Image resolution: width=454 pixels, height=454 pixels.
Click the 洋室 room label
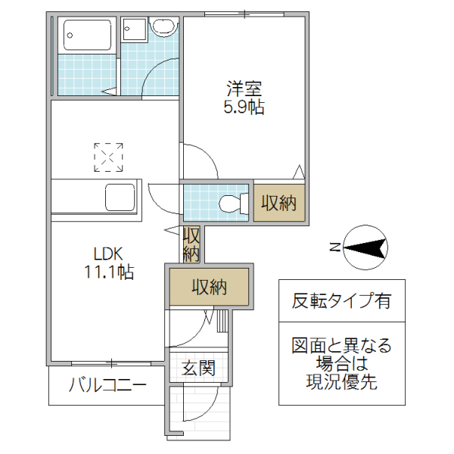tap(243, 87)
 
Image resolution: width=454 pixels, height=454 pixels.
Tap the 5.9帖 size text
tap(243, 107)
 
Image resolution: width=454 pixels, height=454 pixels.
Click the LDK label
tap(108, 253)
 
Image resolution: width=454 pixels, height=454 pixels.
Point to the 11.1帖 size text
tap(108, 272)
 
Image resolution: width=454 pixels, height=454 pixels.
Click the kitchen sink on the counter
tap(120, 199)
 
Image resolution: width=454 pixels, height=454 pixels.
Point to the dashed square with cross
tap(108, 157)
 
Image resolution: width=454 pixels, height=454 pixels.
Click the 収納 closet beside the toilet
tap(279, 202)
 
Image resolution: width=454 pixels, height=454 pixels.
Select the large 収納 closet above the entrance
tap(209, 287)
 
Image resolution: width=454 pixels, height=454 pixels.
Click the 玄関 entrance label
tap(198, 368)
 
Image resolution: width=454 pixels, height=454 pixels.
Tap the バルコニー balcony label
tap(107, 385)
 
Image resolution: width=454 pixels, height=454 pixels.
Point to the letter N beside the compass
tap(334, 246)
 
